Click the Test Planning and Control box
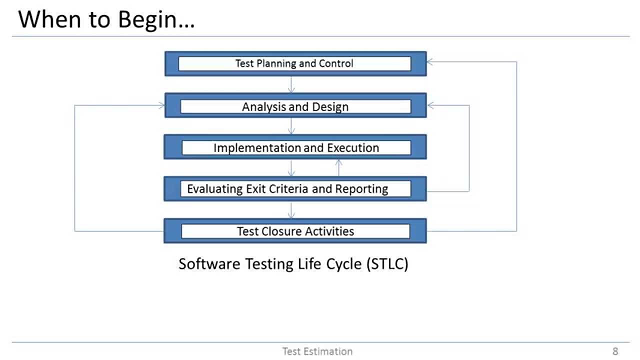295,63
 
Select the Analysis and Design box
295,106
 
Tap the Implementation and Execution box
295,148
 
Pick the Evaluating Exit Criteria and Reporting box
295,189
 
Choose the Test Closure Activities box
295,231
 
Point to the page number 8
615,351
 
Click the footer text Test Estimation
317,351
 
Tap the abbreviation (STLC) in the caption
387,263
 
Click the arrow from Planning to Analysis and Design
291,84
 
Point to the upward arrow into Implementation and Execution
338,167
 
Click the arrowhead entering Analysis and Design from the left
161,105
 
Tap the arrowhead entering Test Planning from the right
430,61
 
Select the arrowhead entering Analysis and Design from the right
430,105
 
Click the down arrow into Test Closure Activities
291,210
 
